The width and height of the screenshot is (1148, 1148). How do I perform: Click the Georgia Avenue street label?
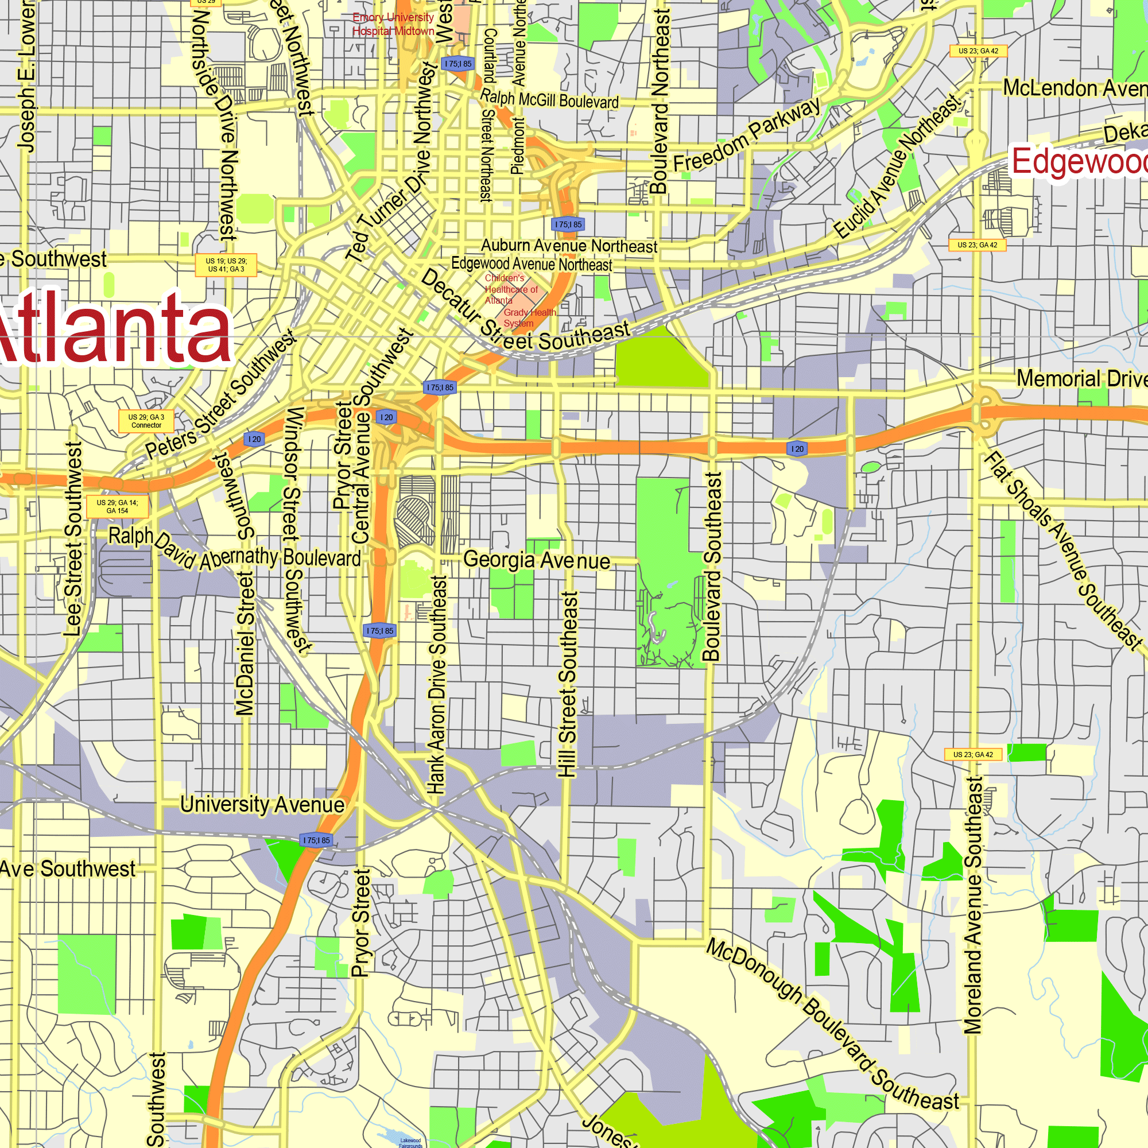tap(537, 560)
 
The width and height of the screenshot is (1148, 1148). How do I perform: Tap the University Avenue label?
tap(262, 805)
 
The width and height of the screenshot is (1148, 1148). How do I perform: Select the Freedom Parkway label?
tap(746, 135)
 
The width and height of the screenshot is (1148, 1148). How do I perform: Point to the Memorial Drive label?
tap(1081, 378)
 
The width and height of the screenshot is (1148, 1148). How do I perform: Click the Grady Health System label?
tap(529, 318)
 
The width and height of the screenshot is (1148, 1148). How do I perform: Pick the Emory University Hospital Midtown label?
tap(393, 24)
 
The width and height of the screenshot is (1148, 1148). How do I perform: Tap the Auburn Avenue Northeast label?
tap(569, 246)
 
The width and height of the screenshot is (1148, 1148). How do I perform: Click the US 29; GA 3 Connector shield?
tap(146, 421)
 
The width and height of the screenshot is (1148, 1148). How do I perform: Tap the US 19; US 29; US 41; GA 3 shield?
tap(226, 265)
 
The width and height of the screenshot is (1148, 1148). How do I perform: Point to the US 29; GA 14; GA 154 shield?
tap(117, 506)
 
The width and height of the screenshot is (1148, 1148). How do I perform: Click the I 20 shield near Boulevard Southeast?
tap(797, 449)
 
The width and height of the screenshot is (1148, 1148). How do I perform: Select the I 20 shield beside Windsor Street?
tap(254, 439)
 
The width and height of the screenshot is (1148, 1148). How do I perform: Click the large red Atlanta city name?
tap(113, 328)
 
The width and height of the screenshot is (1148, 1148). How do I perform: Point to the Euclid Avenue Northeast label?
tap(897, 167)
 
